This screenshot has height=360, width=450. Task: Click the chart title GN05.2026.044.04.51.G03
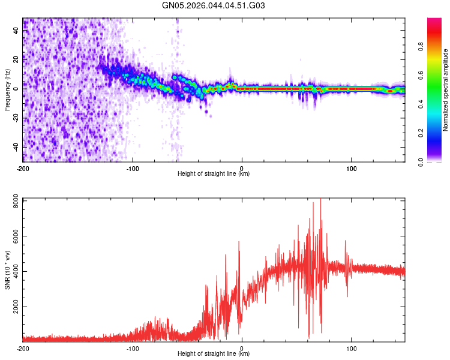214,6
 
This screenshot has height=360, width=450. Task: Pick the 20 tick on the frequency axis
17,59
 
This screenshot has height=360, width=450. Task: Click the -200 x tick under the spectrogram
23,167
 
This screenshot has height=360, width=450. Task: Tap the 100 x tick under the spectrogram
351,167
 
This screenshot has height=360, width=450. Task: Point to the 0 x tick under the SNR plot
242,347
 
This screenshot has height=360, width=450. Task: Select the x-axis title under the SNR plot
214,354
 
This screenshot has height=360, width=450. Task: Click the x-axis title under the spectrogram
214,174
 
